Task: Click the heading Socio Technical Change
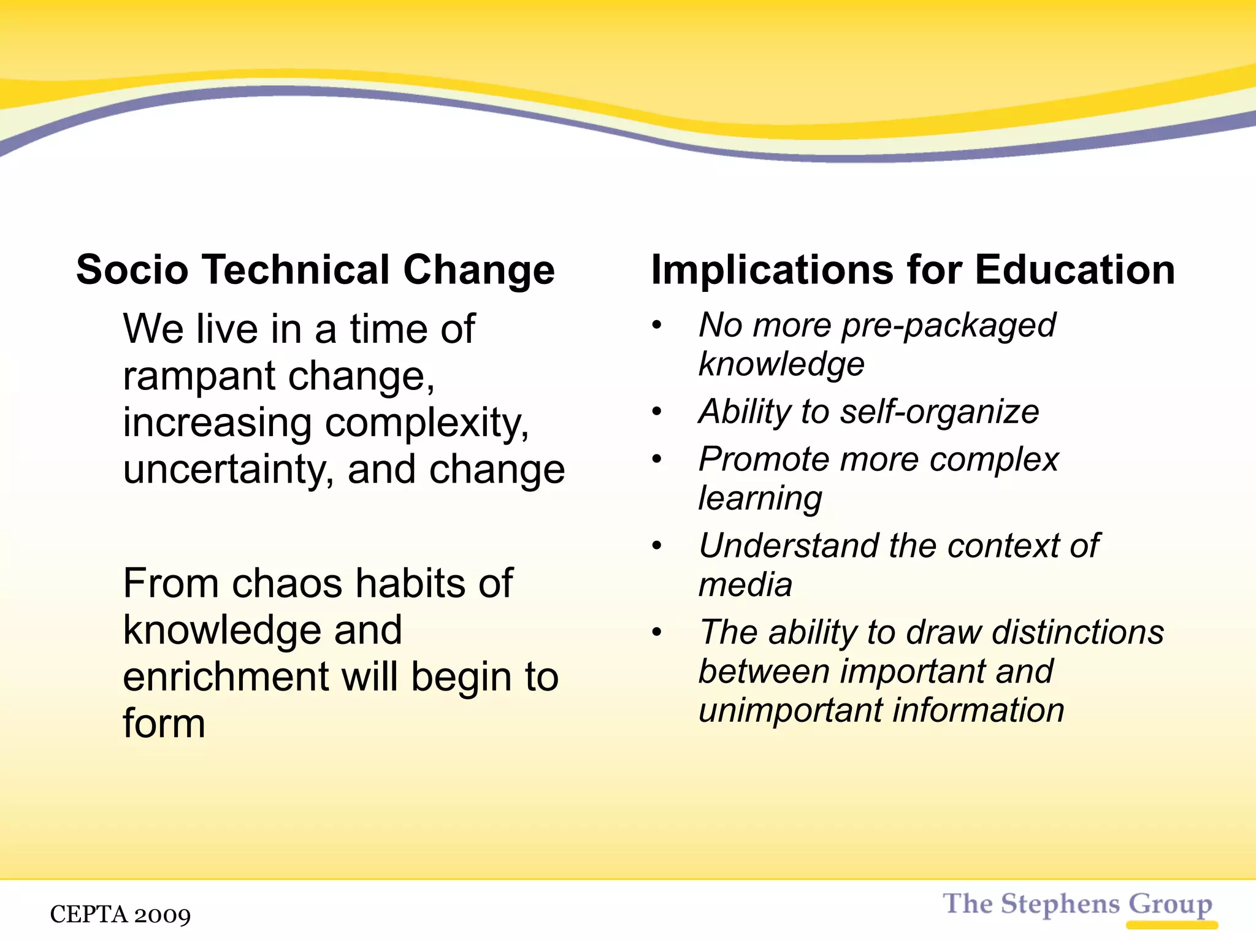[x=315, y=270]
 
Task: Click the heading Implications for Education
[x=913, y=270]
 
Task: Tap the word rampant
[x=199, y=376]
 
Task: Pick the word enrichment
[x=226, y=677]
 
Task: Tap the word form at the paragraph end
[x=164, y=724]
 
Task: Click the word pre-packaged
[x=948, y=326]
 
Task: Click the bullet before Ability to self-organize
[x=657, y=412]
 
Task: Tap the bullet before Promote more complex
[x=657, y=459]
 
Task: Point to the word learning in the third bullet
[x=760, y=498]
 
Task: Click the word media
[x=745, y=584]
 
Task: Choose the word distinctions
[x=1078, y=632]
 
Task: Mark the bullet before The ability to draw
[x=657, y=632]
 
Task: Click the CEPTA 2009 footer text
[x=120, y=914]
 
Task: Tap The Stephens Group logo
[x=1077, y=905]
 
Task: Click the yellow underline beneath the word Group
[x=1171, y=925]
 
